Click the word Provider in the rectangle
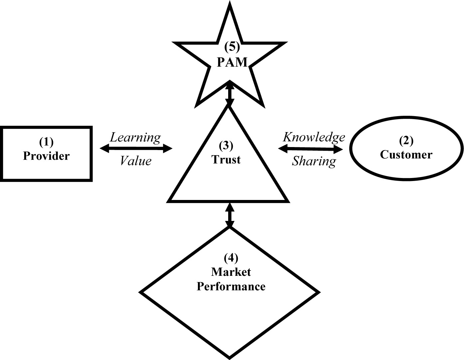tap(46, 156)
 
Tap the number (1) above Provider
tap(46, 142)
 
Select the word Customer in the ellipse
tap(406, 155)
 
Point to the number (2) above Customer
tap(406, 141)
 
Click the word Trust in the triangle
tap(226, 160)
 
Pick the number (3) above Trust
tap(226, 146)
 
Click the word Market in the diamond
tap(231, 272)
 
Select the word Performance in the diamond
tap(231, 286)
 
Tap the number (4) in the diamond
tap(231, 258)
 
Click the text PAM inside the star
tap(232, 62)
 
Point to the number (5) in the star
tap(232, 47)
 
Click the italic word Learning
tap(135, 137)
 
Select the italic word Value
tap(135, 161)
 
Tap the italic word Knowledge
tap(314, 137)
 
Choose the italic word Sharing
tap(314, 161)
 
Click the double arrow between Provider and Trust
tap(136, 149)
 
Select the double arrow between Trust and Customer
tap(310, 149)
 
